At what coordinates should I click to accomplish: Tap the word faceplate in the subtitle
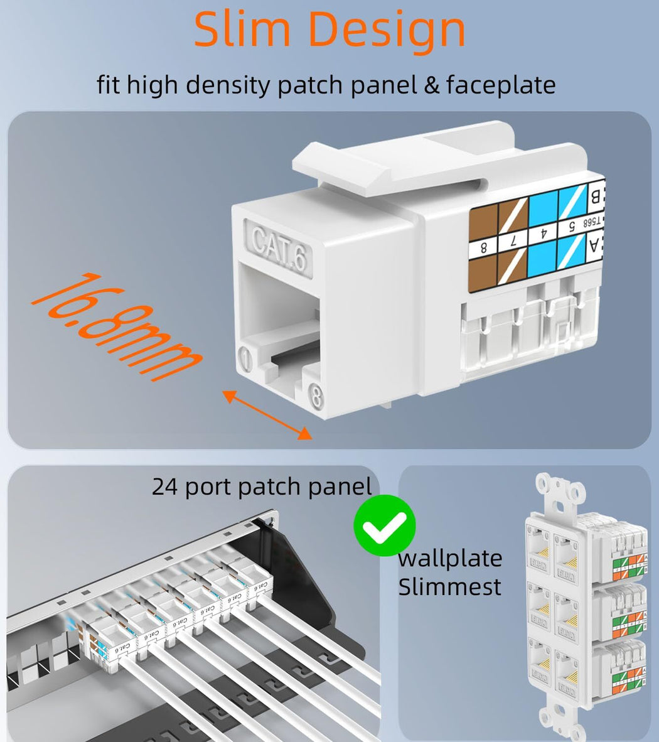[x=501, y=85]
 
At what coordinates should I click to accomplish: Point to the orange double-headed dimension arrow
[x=267, y=415]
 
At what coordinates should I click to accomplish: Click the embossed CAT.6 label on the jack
[x=280, y=247]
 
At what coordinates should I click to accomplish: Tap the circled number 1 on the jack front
[x=246, y=360]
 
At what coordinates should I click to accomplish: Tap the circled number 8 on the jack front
[x=316, y=397]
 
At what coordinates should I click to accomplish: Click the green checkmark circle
[x=384, y=525]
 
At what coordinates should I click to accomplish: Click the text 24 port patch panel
[x=262, y=487]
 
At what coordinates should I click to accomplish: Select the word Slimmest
[x=449, y=587]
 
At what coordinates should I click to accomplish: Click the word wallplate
[x=450, y=558]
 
